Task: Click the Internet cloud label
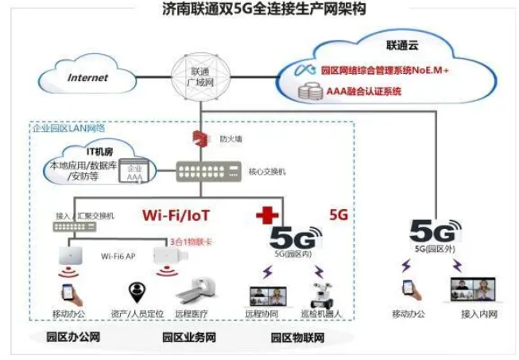pos(88,78)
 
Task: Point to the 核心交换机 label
pos(265,171)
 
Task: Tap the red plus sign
pos(264,215)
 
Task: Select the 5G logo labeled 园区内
pos(296,237)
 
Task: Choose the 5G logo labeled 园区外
pos(436,231)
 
